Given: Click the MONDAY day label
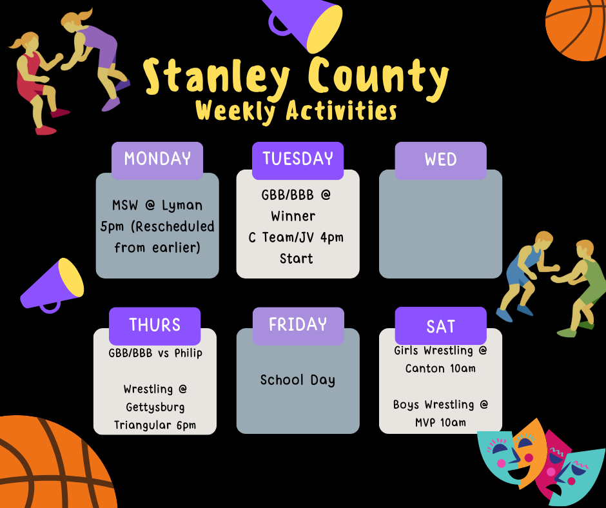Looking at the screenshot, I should pyautogui.click(x=157, y=159).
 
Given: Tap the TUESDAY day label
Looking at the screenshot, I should pyautogui.click(x=298, y=159).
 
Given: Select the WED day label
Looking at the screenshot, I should pyautogui.click(x=440, y=160).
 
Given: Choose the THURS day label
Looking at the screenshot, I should pyautogui.click(x=155, y=325).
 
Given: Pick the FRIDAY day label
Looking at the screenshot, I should pyautogui.click(x=298, y=324).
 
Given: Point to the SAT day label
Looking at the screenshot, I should pyautogui.click(x=440, y=326).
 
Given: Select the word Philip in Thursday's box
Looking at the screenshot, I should pyautogui.click(x=188, y=353).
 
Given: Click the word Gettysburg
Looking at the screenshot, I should pyautogui.click(x=155, y=407).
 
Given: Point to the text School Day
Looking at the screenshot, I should pyautogui.click(x=298, y=380).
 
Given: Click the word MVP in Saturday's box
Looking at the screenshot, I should pyautogui.click(x=426, y=423).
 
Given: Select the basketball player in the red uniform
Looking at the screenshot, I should pyautogui.click(x=35, y=81).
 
